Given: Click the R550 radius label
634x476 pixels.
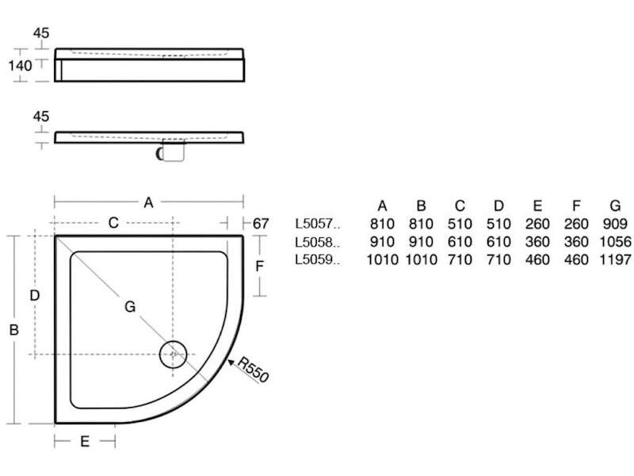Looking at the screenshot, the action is click(x=253, y=369).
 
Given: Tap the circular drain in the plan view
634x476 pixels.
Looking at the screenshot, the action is click(x=173, y=354).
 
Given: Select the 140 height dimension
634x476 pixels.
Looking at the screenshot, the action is click(x=21, y=65).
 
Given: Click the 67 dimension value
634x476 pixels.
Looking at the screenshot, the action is click(x=261, y=224).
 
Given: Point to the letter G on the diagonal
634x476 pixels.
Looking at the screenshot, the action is click(x=130, y=307).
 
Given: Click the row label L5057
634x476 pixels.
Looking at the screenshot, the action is click(x=318, y=224).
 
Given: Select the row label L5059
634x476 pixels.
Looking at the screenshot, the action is click(x=318, y=259).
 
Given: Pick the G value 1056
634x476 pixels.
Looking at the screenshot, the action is click(x=615, y=242).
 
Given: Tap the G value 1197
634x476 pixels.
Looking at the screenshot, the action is click(x=615, y=259).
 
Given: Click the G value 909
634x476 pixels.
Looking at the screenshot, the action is click(x=615, y=224).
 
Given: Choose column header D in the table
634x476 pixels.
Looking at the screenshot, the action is click(x=498, y=206).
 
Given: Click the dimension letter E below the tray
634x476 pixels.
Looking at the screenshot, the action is click(x=85, y=441).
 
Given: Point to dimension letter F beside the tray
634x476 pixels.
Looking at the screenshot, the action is click(x=260, y=266).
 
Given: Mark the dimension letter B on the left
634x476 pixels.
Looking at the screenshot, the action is click(x=13, y=330).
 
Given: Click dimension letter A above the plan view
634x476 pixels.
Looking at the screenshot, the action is click(x=148, y=202).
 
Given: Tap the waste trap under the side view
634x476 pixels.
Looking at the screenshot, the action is click(x=171, y=151).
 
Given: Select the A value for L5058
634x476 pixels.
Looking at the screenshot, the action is click(x=382, y=242).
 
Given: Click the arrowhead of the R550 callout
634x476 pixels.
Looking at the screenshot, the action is click(x=231, y=363).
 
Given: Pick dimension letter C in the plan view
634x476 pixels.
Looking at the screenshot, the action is click(x=113, y=223).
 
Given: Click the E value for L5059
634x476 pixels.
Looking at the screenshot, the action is click(x=537, y=259).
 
